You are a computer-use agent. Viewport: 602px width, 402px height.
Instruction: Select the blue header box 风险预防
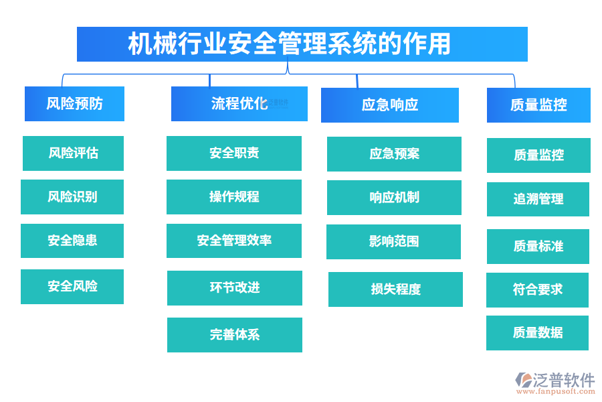tap(74, 104)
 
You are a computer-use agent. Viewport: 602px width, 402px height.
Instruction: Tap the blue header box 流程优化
tap(239, 104)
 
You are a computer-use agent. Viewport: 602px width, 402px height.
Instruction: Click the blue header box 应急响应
tap(389, 105)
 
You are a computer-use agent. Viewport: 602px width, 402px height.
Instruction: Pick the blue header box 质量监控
tap(538, 105)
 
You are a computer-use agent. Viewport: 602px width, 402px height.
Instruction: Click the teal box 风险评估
tap(73, 153)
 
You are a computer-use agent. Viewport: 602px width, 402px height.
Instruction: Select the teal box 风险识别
tap(72, 197)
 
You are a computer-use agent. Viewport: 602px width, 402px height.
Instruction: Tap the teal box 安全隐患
tap(72, 241)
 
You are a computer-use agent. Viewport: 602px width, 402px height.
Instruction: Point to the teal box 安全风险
tap(72, 287)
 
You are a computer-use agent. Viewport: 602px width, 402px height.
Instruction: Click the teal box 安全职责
tap(233, 153)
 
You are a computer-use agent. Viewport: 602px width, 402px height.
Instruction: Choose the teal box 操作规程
tap(233, 197)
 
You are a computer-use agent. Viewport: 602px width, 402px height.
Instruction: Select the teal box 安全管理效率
tap(233, 241)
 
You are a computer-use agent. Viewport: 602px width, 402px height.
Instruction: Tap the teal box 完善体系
tap(234, 335)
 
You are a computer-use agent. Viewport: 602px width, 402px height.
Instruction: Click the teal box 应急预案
tap(394, 154)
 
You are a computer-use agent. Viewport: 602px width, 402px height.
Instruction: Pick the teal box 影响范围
tap(393, 242)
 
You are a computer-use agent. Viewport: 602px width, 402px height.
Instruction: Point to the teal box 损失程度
tap(395, 289)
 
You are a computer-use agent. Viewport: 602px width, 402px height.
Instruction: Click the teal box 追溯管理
tap(538, 199)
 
